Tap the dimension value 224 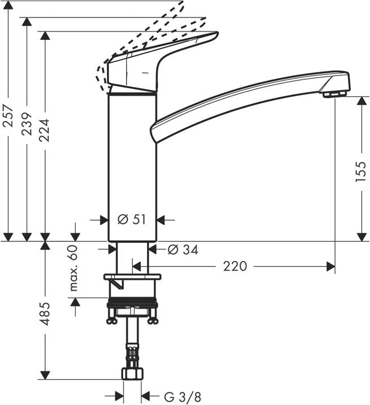44,130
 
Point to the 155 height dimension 361,170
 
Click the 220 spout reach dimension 235,266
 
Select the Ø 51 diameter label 132,219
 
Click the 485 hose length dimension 44,313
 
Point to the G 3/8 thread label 181,396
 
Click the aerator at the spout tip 333,94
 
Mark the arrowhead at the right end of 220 331,267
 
